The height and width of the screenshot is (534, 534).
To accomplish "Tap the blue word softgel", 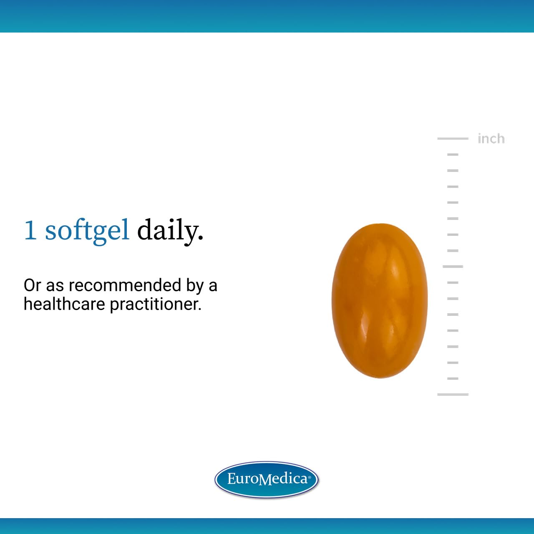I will (x=87, y=230).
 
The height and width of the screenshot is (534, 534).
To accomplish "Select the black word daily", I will (x=168, y=230).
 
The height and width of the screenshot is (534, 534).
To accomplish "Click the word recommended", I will (x=125, y=285).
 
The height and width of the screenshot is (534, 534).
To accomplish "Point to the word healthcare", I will (x=64, y=304).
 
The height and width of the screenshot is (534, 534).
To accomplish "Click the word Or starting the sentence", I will (x=32, y=285).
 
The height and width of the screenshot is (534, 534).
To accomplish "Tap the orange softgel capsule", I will (x=379, y=300).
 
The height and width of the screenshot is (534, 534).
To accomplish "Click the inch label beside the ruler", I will (x=491, y=139).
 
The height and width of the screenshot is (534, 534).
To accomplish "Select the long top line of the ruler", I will (x=453, y=138).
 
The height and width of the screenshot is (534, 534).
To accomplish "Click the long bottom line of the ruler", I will (x=453, y=394).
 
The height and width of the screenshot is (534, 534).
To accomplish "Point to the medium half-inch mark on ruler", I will (x=453, y=266).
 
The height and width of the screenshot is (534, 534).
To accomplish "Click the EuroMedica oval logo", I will (x=267, y=479).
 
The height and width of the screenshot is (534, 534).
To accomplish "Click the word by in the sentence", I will (x=195, y=286).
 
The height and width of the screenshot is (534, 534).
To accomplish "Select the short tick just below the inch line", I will (x=453, y=154).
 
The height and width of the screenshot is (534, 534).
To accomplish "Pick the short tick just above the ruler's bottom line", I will (x=453, y=378).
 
